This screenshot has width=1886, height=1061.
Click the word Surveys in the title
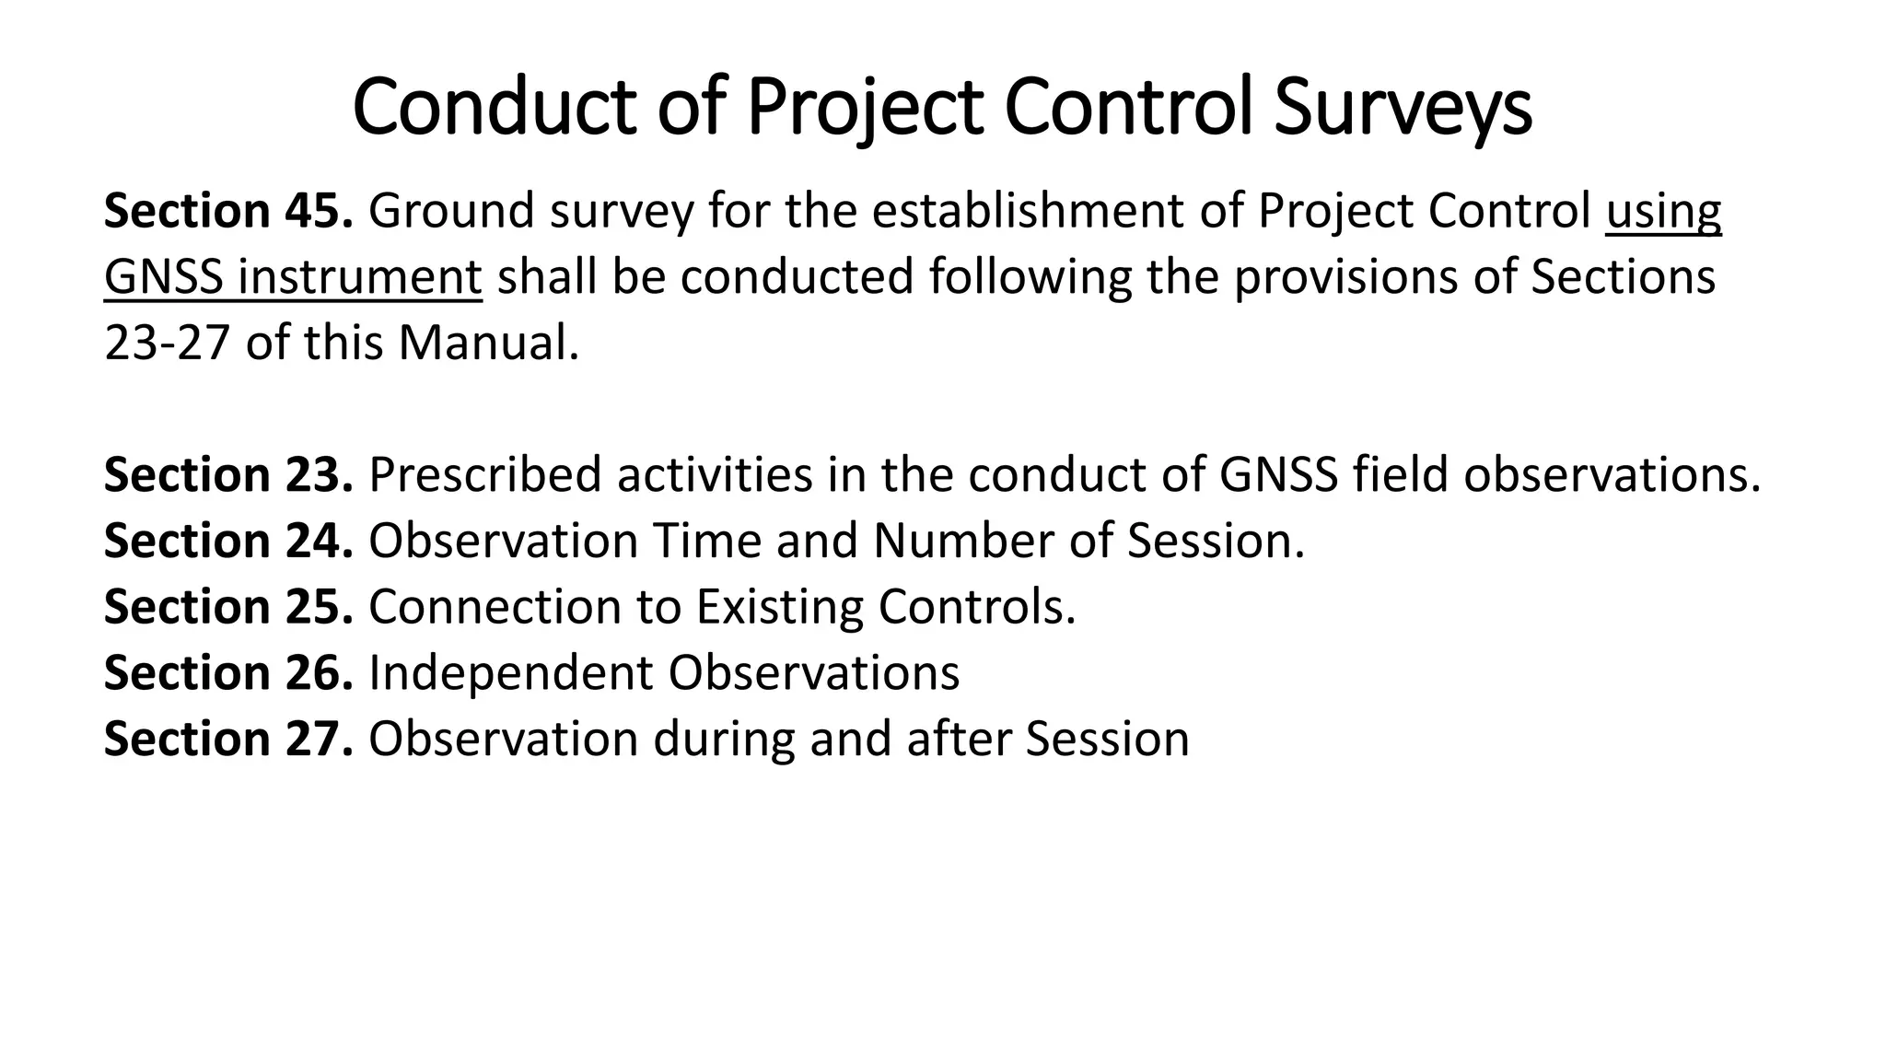click(x=1403, y=110)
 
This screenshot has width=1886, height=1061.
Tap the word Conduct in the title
click(x=495, y=108)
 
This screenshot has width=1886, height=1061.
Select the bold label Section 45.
click(x=228, y=211)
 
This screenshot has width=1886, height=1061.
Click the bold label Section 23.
click(x=228, y=475)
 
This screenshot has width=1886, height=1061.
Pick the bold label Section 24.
click(x=228, y=541)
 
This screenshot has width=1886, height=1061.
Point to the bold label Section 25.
click(x=228, y=607)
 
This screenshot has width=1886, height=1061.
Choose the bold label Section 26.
click(x=228, y=673)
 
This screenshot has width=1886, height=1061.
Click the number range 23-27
click(x=167, y=344)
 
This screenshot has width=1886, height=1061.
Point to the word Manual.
click(x=489, y=344)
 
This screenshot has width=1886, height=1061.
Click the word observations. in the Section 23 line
click(x=1612, y=475)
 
